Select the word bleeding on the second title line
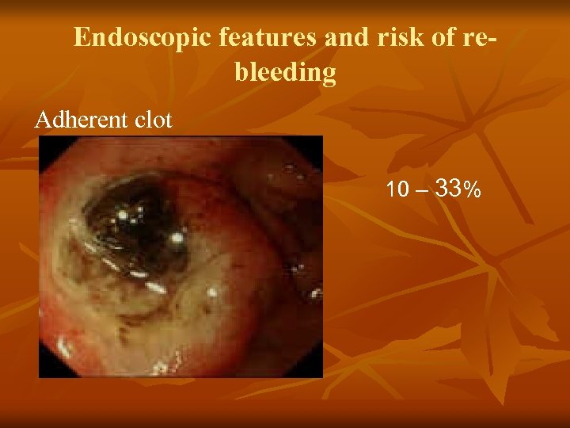[285, 74]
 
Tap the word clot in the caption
[152, 120]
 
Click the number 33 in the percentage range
[449, 189]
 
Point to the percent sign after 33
[472, 191]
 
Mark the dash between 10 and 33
[420, 191]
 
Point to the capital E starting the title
[82, 38]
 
